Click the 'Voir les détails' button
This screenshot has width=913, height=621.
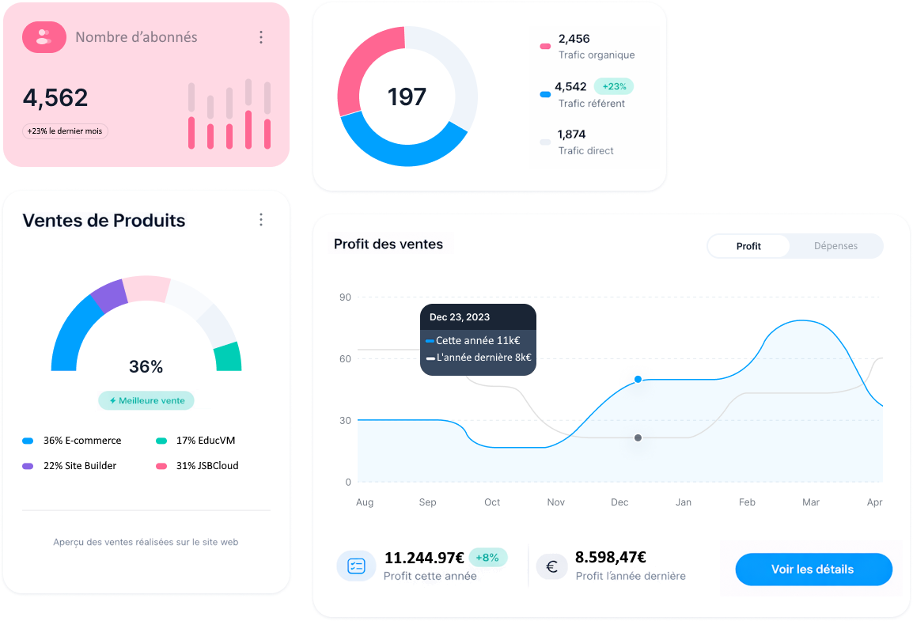click(813, 570)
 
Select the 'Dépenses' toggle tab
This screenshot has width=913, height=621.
click(835, 246)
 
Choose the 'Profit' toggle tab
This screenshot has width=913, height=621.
click(748, 246)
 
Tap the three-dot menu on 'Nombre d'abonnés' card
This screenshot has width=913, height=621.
click(261, 37)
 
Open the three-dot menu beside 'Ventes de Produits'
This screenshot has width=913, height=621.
click(261, 220)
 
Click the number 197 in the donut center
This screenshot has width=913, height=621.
click(407, 97)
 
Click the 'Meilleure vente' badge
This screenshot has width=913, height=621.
click(146, 401)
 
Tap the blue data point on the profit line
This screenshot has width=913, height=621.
click(638, 380)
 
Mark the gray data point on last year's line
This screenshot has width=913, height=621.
click(638, 437)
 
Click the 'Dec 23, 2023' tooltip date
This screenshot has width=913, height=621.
click(460, 317)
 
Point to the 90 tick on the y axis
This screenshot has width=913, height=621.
click(345, 297)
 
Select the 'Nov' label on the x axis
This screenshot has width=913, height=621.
click(556, 502)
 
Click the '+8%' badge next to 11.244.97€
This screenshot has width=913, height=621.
click(487, 558)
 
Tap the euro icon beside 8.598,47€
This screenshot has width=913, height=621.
click(551, 566)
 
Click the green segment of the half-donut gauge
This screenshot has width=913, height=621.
click(227, 357)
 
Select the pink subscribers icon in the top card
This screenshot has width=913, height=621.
click(44, 37)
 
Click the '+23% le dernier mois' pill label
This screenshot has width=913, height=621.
click(66, 131)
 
